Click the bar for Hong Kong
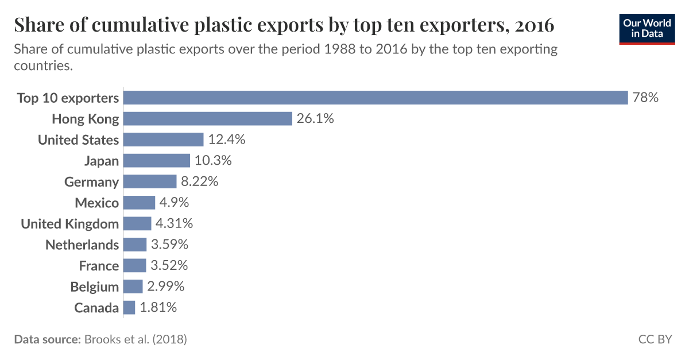click(x=208, y=119)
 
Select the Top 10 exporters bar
click(x=376, y=98)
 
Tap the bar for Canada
click(x=129, y=308)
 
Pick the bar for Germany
click(x=150, y=182)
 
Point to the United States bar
click(x=164, y=140)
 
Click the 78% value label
click(x=645, y=98)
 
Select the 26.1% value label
click(x=315, y=119)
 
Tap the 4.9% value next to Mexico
click(x=174, y=203)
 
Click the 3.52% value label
click(x=169, y=266)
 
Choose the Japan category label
click(x=101, y=161)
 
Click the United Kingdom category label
click(x=70, y=224)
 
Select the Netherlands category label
click(x=82, y=245)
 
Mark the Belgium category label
click(x=95, y=287)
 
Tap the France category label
click(x=99, y=266)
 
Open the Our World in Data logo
click(x=647, y=28)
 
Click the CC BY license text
click(x=655, y=339)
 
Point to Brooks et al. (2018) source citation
click(x=136, y=339)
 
